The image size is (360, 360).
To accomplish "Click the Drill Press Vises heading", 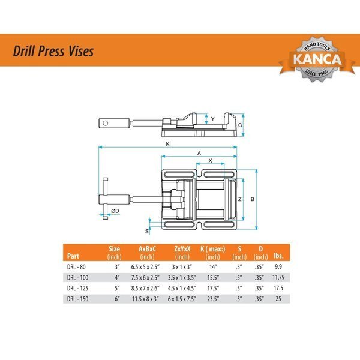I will pos(54,52).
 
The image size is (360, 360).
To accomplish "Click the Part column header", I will pos(74,253).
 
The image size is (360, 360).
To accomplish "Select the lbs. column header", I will pos(278,253).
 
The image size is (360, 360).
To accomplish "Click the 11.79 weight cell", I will pos(278,277).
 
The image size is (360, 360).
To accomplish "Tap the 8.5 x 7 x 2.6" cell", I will pos(147,287).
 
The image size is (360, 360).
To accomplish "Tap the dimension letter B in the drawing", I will pos(253,199).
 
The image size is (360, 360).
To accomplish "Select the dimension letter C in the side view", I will pos(239,125).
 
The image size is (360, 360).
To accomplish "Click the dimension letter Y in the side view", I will pos(212,119).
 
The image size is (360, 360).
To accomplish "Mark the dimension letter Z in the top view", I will pos(239,199).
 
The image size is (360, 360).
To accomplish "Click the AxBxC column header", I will pos(147,249).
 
